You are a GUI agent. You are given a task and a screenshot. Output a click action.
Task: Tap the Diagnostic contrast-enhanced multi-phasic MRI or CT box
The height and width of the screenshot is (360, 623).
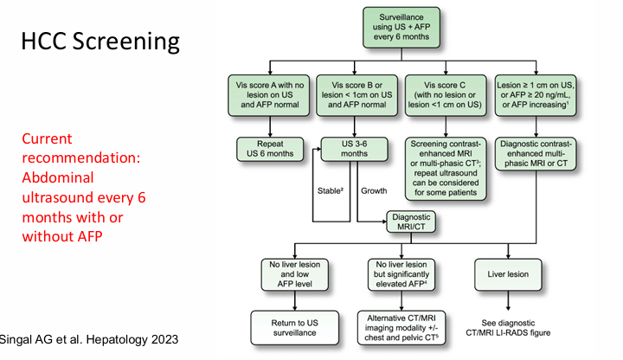tap(535, 153)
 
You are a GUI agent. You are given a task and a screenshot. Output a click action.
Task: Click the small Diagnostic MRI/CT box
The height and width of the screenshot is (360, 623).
tap(412, 223)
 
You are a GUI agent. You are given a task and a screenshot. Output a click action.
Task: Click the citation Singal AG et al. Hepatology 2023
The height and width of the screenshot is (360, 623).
tap(90, 339)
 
